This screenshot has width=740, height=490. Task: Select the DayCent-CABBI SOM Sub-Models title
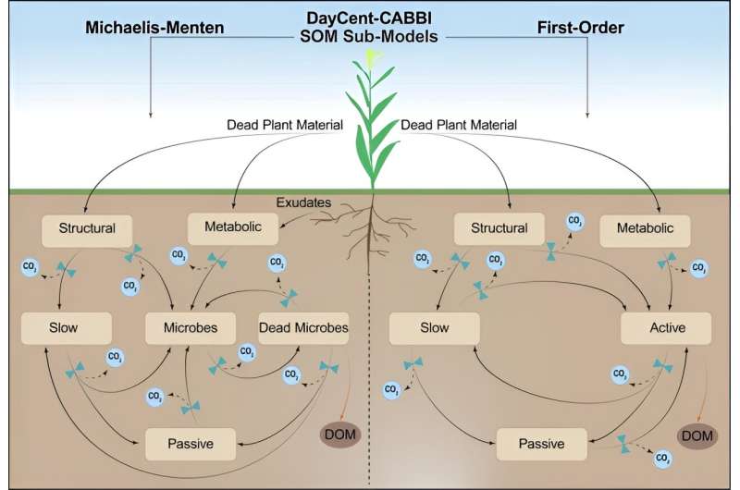click(369, 26)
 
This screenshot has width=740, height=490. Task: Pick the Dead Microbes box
click(303, 327)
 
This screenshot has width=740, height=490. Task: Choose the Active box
click(666, 327)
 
